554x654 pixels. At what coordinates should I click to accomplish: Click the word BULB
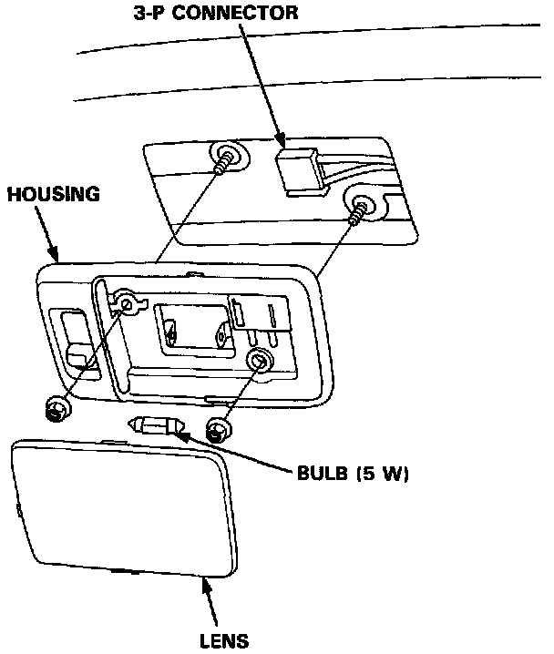pyautogui.click(x=320, y=475)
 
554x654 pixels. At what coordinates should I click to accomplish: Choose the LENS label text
pyautogui.click(x=223, y=639)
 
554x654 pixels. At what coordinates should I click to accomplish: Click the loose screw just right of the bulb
pyautogui.click(x=217, y=428)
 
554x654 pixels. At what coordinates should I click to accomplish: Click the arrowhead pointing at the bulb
pyautogui.click(x=181, y=436)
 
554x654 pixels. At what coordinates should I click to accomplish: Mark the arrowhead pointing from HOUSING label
pyautogui.click(x=57, y=256)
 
